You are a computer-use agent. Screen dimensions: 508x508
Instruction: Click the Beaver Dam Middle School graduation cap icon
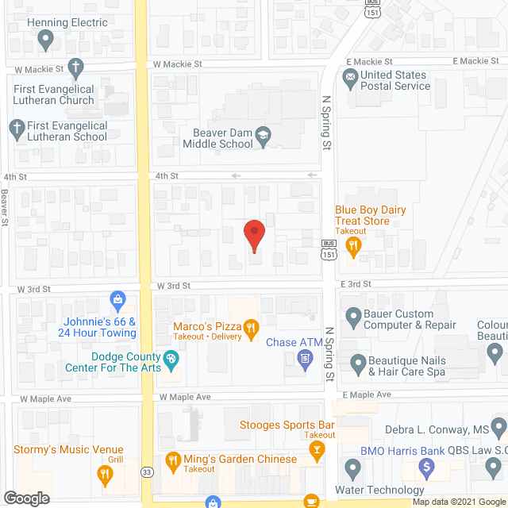263,139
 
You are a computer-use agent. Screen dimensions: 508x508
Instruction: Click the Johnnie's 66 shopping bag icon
118,300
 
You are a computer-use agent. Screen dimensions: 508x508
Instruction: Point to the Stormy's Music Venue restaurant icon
104,475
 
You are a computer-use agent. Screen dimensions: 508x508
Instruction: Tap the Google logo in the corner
26,498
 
